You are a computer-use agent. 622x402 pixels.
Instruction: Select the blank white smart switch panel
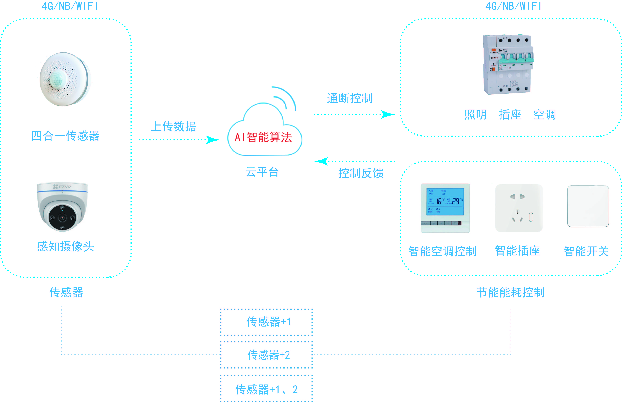coord(588,206)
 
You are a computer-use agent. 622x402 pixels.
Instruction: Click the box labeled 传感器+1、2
coord(266,389)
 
